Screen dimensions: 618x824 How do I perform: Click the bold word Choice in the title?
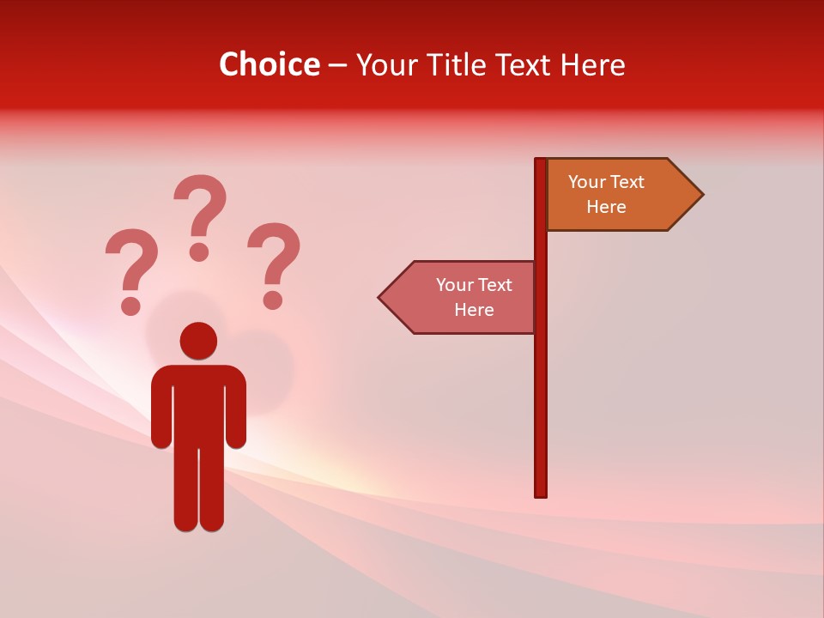pyautogui.click(x=269, y=64)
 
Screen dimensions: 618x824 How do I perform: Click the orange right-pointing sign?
pyautogui.click(x=615, y=195)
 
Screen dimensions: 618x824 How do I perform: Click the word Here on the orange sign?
pyautogui.click(x=606, y=207)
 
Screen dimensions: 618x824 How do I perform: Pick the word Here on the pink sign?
pyautogui.click(x=474, y=310)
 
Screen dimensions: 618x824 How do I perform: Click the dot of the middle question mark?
pyautogui.click(x=199, y=251)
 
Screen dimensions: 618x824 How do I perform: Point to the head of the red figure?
pyautogui.click(x=198, y=340)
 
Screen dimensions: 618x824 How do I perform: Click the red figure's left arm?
pyautogui.click(x=161, y=412)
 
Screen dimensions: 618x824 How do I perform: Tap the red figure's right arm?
pyautogui.click(x=236, y=412)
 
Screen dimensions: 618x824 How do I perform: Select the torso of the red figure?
pyautogui.click(x=198, y=403)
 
